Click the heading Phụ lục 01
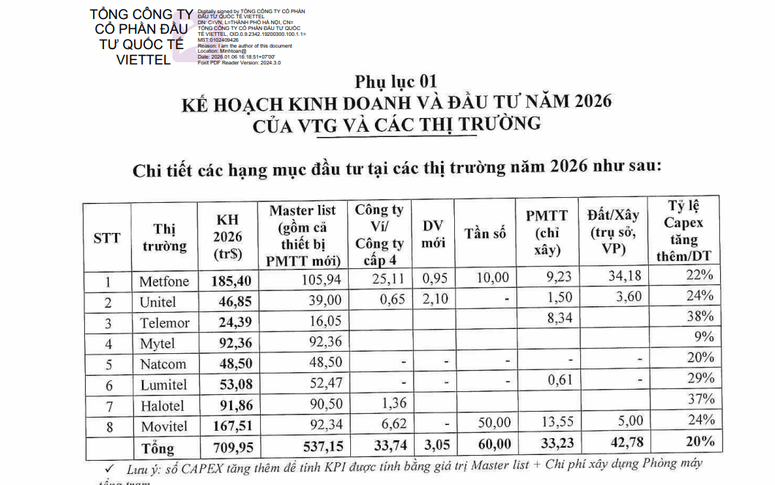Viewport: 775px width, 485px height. click(396, 81)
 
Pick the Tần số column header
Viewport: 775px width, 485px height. click(485, 234)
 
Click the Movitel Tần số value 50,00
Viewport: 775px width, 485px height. click(494, 423)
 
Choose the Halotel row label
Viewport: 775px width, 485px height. click(163, 405)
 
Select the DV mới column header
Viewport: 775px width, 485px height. click(433, 234)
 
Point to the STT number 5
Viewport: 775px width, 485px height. click(108, 364)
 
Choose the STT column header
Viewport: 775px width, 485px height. click(107, 239)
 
